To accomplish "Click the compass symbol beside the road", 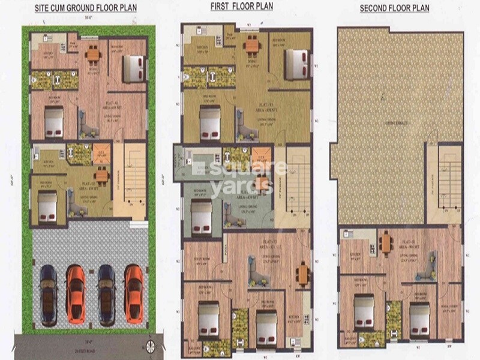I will coord(151,344).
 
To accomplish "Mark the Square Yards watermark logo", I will coord(240,174).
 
